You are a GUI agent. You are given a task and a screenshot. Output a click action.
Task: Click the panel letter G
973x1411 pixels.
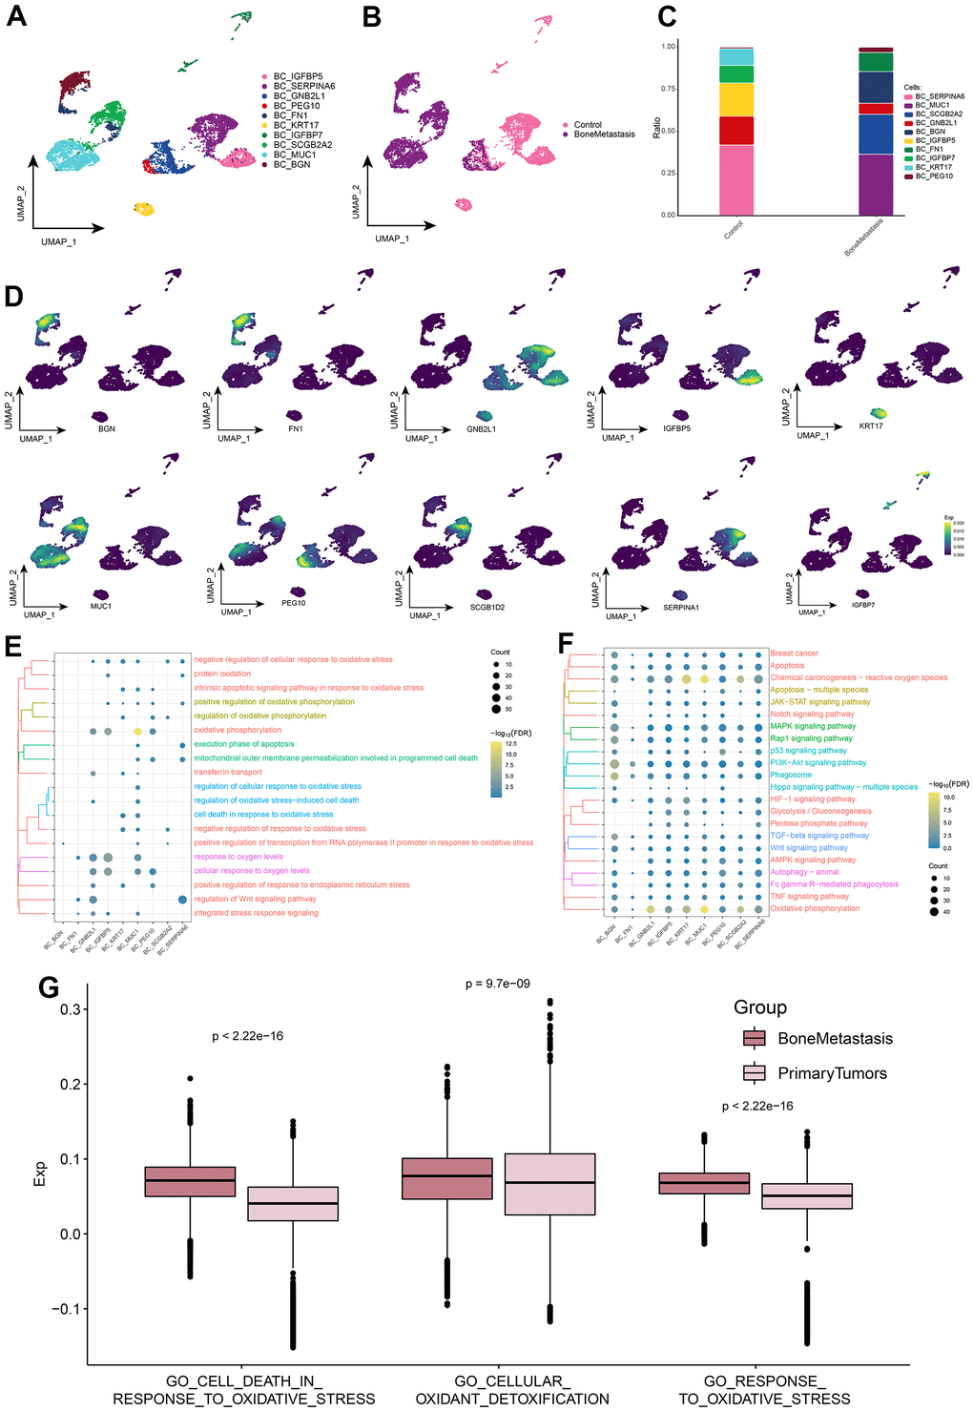[x=49, y=986]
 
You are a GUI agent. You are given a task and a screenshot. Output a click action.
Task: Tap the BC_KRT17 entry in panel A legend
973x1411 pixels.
[x=296, y=125]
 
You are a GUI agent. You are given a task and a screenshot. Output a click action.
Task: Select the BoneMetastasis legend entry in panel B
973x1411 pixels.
[x=604, y=135]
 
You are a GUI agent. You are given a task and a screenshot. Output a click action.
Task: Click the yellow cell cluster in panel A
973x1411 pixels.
[x=143, y=209]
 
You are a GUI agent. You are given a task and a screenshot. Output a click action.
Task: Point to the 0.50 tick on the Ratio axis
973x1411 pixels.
[x=669, y=131]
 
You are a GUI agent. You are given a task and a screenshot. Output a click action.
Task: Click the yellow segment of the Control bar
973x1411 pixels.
[x=736, y=100]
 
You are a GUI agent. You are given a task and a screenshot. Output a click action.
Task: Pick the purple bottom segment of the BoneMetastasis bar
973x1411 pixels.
[x=876, y=185]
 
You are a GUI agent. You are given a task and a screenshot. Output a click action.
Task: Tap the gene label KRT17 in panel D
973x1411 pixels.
[x=870, y=426]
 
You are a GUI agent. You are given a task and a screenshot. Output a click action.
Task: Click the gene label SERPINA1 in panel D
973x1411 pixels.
[x=681, y=608]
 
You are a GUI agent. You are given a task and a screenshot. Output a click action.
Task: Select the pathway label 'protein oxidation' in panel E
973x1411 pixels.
[x=222, y=674]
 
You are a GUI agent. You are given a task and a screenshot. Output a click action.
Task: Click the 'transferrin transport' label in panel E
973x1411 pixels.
[x=228, y=772]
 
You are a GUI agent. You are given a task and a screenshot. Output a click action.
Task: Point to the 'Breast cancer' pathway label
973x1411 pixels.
[x=795, y=654]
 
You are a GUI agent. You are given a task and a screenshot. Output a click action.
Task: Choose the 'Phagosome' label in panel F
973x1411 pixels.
[x=791, y=775]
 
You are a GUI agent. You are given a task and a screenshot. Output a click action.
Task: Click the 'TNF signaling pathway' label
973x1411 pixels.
[x=809, y=896]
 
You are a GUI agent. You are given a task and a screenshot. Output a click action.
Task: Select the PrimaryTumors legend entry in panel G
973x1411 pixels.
[x=831, y=1073]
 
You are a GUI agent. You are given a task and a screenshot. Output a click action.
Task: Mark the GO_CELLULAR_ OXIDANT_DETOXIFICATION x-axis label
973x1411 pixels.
[x=512, y=1390]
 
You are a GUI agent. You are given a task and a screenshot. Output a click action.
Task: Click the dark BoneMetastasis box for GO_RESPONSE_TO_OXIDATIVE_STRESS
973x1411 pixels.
[x=704, y=1183]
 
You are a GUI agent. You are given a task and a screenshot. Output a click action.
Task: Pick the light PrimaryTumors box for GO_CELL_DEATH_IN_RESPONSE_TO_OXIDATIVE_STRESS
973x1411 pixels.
[x=293, y=1204]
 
